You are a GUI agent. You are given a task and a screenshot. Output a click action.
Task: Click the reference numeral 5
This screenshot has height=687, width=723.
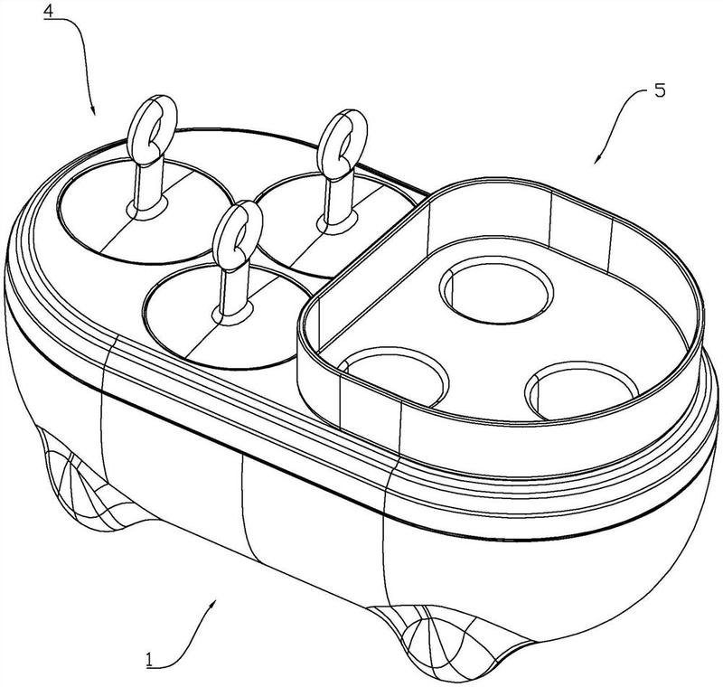(660, 90)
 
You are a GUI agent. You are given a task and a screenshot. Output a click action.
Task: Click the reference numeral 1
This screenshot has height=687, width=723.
(149, 659)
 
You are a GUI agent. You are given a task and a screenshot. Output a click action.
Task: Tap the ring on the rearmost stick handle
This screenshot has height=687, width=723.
(343, 143)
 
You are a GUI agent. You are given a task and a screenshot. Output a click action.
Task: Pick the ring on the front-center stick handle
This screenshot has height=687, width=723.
(239, 234)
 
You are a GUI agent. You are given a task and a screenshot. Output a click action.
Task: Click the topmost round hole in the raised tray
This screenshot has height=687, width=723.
(496, 289)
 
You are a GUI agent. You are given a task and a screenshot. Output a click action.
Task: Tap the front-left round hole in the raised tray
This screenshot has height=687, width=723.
(393, 377)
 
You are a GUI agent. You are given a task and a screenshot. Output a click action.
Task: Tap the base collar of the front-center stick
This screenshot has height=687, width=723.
(233, 314)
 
